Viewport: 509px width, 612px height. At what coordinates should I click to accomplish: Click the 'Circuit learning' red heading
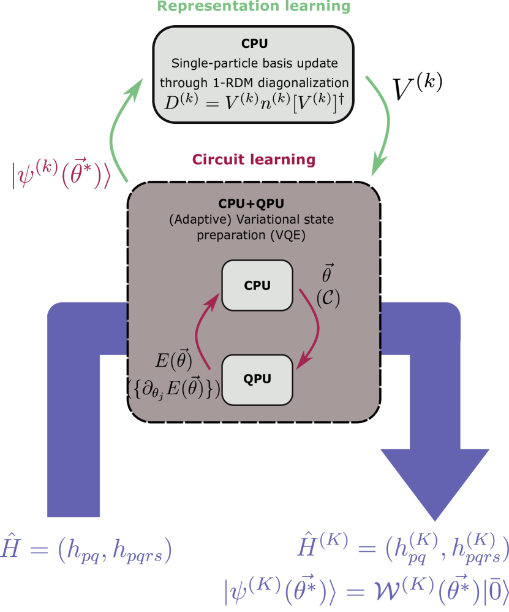pyautogui.click(x=253, y=161)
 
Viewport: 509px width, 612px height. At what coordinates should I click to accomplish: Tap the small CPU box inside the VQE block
pyautogui.click(x=257, y=285)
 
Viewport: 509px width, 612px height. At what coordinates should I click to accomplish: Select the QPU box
pyautogui.click(x=257, y=379)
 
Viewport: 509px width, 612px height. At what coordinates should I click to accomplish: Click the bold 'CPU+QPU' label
pyautogui.click(x=252, y=204)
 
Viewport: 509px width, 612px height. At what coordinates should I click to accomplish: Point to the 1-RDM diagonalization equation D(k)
pyautogui.click(x=252, y=101)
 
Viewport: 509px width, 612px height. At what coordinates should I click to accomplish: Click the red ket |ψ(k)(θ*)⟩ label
pyautogui.click(x=60, y=174)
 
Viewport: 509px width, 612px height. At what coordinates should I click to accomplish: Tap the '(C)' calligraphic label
pyautogui.click(x=328, y=298)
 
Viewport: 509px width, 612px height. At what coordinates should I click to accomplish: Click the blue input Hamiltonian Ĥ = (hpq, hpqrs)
pyautogui.click(x=86, y=549)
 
